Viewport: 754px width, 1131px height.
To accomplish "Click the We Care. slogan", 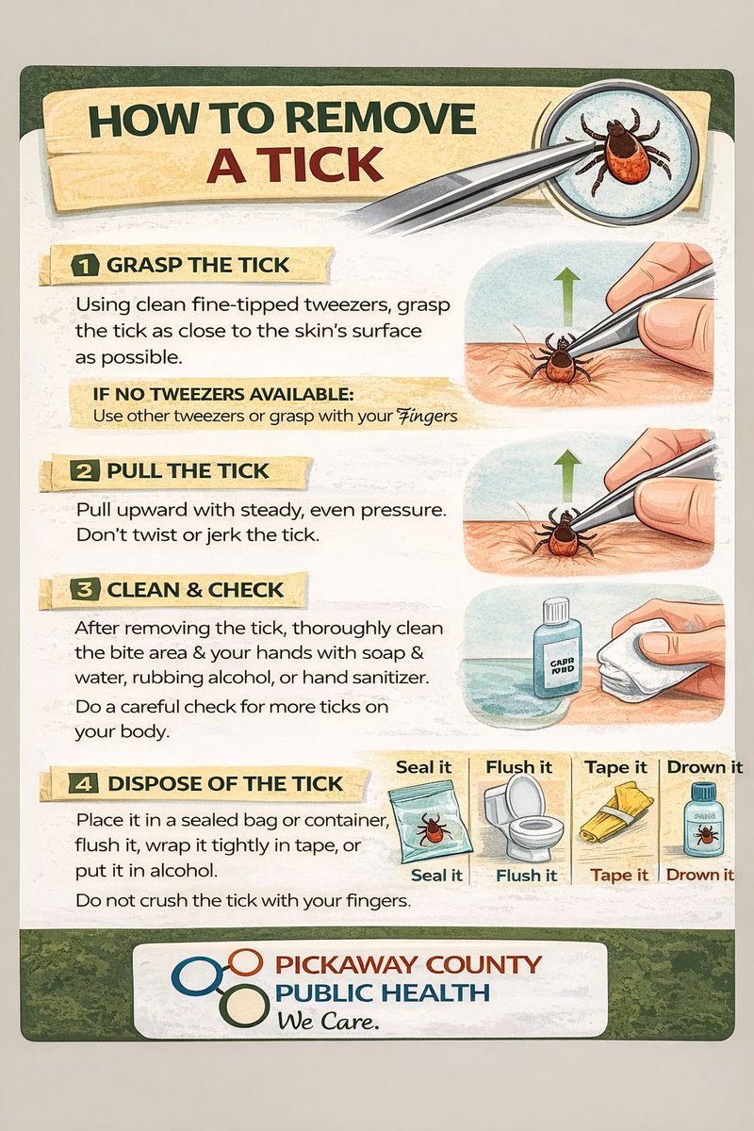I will tap(328, 1022).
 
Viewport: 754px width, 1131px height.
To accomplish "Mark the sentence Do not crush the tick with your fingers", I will tap(243, 901).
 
